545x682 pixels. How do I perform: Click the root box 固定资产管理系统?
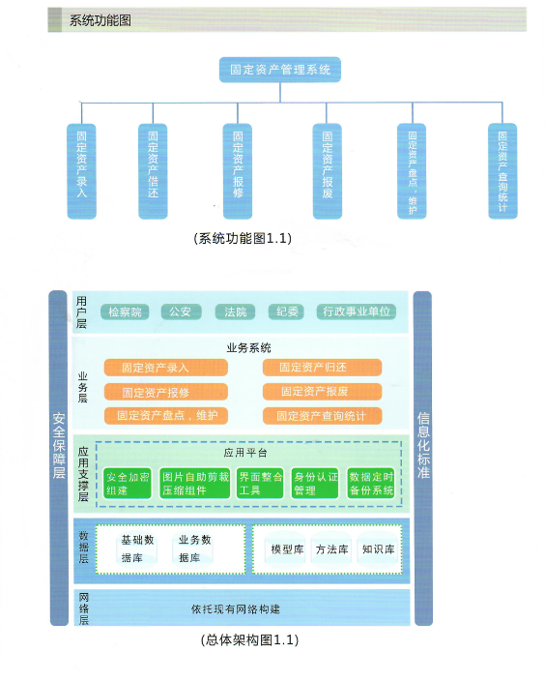tap(280, 70)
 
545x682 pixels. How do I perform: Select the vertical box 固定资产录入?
tap(82, 171)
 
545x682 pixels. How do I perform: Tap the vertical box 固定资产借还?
tap(153, 171)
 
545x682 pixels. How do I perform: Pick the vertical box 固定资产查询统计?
tap(502, 171)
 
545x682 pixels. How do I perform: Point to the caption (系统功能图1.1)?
tap(243, 238)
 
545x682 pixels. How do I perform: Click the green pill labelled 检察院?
tap(125, 311)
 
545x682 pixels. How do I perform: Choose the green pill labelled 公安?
tap(181, 311)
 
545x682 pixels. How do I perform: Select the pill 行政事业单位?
tap(357, 311)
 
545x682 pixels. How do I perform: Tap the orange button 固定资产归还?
tap(322, 367)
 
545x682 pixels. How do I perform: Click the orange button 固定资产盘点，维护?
tap(166, 415)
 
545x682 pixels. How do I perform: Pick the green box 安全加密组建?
tap(128, 484)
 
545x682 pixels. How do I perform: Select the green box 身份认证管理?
tap(315, 484)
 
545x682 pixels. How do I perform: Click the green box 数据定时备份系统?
tap(371, 484)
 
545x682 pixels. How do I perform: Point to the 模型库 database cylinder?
tap(287, 549)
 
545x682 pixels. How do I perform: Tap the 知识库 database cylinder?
tap(379, 549)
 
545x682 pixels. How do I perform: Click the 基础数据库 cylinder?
tap(137, 549)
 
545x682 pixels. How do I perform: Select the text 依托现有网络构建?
tap(236, 608)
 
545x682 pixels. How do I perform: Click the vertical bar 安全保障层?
tap(59, 458)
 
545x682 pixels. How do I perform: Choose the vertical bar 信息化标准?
tap(423, 458)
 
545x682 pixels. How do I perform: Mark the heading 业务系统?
tap(248, 348)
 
